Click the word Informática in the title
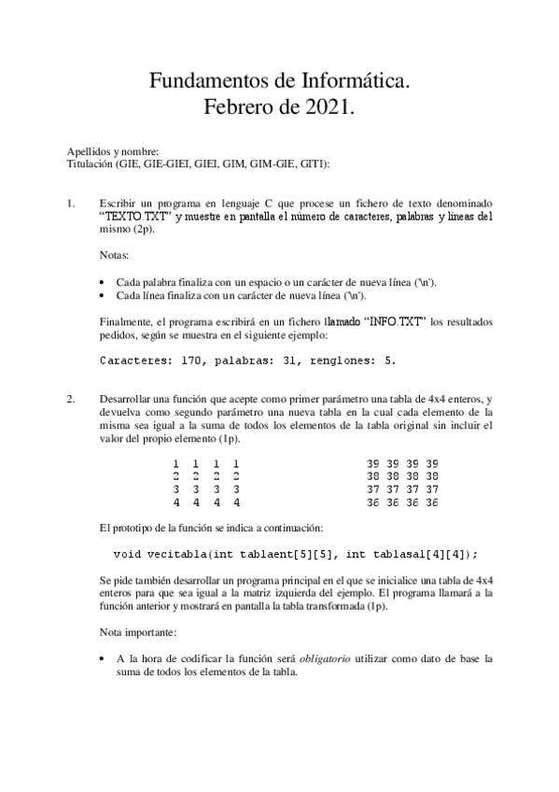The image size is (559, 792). [x=354, y=82]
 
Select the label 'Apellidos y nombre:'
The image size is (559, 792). [x=113, y=152]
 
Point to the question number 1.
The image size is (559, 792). [x=71, y=203]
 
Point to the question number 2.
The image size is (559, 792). [x=71, y=399]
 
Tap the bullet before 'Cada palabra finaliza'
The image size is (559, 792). [x=102, y=281]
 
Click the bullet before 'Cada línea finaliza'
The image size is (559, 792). [x=102, y=294]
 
